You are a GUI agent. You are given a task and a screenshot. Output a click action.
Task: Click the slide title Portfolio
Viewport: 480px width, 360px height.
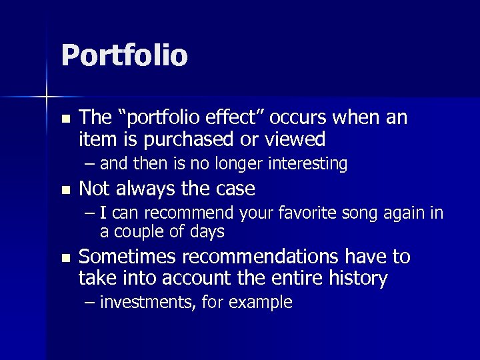[124, 55]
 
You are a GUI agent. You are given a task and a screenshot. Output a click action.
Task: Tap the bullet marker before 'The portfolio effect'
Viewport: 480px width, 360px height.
[65, 119]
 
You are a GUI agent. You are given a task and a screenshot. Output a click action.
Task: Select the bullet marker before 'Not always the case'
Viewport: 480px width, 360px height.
[65, 190]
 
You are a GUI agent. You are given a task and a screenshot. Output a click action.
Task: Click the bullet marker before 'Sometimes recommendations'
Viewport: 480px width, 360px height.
[65, 258]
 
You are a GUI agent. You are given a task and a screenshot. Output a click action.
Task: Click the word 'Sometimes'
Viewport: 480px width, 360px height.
[127, 257]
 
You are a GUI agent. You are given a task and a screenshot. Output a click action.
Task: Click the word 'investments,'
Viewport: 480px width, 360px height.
[143, 303]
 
